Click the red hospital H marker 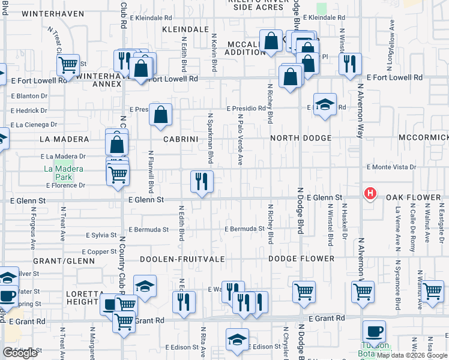(370, 194)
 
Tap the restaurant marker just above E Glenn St (202, 181)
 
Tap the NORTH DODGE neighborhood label (301, 138)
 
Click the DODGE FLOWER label (301, 259)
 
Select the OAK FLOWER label (413, 197)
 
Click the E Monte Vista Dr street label (391, 167)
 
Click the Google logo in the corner (20, 352)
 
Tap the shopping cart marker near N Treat (68, 64)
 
